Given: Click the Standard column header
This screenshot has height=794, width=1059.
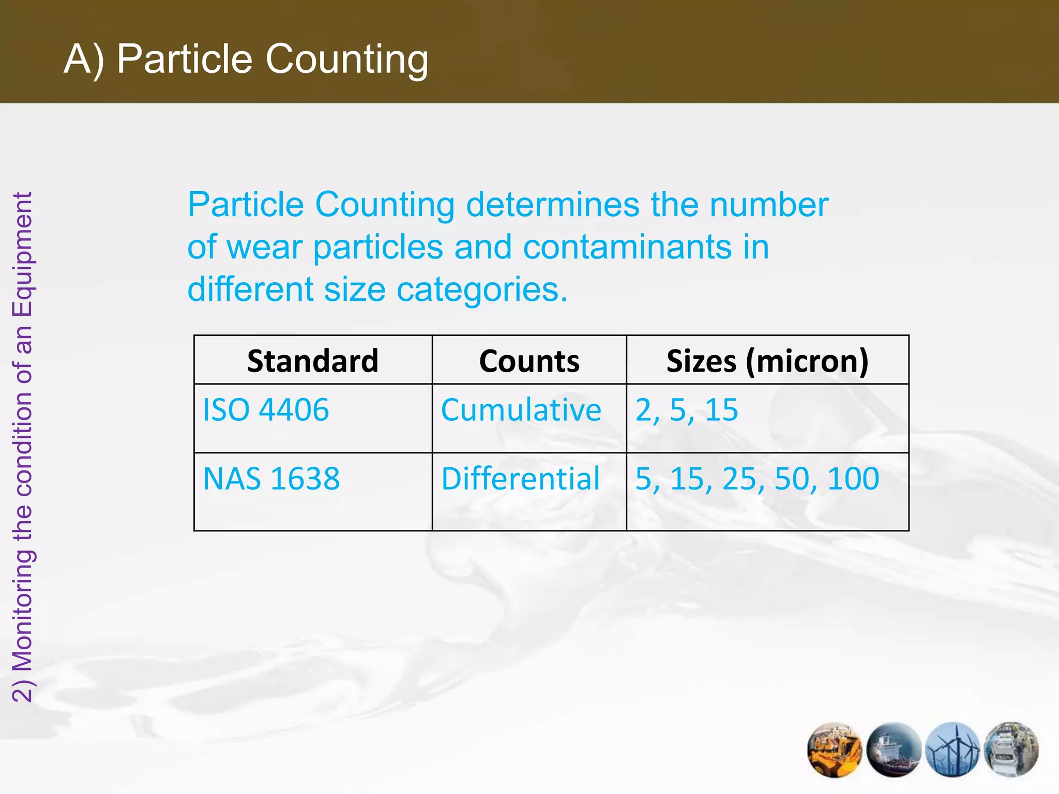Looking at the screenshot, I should [x=313, y=361].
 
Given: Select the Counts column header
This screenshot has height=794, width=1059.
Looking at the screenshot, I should [x=529, y=361].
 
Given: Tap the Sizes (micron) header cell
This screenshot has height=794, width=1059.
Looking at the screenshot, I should [x=767, y=361].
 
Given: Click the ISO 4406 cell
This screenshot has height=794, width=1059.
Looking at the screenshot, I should [x=266, y=410].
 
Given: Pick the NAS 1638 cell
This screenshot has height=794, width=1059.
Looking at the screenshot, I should [x=271, y=479].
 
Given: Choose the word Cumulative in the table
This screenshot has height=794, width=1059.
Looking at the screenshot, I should [x=521, y=410].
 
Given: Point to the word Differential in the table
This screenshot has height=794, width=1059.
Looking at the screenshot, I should [x=520, y=479].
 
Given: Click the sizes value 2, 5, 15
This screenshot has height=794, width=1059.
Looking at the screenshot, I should [x=687, y=410].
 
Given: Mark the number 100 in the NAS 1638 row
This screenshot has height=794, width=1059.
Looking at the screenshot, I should [x=853, y=479].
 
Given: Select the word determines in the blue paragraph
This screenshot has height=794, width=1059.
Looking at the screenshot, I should [x=552, y=205].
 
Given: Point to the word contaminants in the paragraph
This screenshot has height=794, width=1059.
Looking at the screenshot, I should [x=627, y=247].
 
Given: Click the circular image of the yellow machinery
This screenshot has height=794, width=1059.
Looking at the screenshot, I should [x=834, y=750].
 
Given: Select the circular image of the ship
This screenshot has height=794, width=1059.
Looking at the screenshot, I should [x=894, y=750].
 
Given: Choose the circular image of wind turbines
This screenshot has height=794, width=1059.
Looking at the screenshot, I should [x=952, y=750].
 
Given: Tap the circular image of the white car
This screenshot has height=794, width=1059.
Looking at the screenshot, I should [x=1011, y=750].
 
